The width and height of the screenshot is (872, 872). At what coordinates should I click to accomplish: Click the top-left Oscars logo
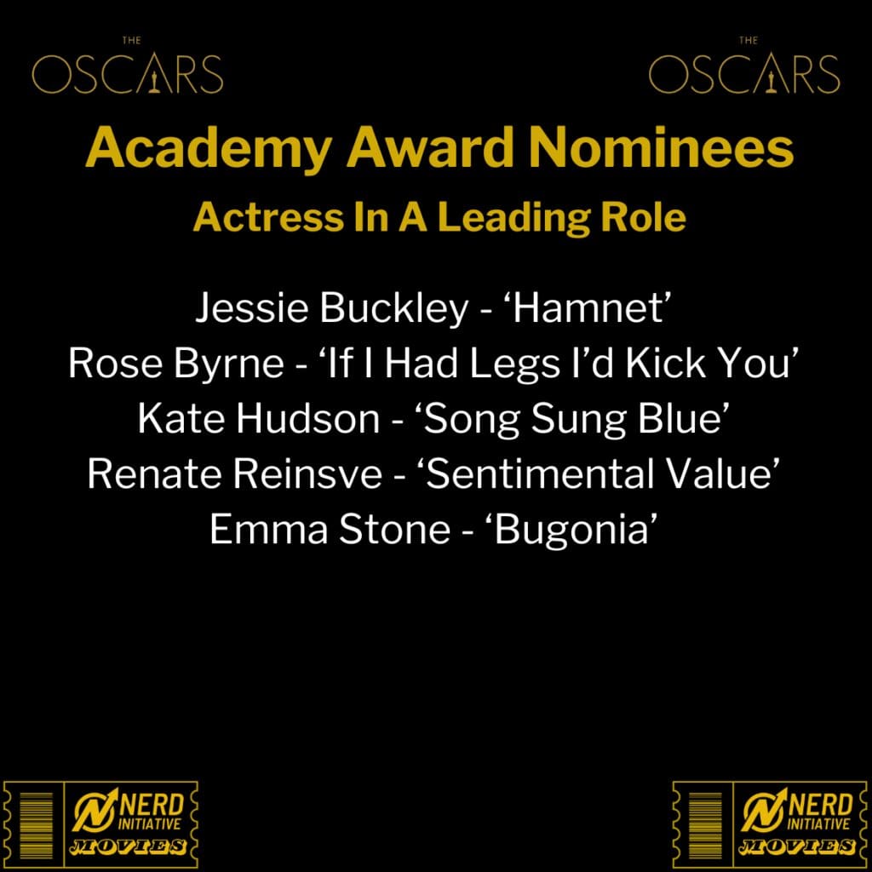128,66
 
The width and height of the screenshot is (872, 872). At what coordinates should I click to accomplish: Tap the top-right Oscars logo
744,66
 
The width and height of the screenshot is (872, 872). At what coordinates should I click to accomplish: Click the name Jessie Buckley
332,308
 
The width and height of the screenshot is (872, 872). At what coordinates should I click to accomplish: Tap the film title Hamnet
589,307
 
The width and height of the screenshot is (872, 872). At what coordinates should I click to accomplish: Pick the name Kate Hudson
259,419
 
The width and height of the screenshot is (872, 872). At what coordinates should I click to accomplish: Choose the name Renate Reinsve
235,474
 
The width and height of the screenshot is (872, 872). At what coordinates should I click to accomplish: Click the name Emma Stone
330,529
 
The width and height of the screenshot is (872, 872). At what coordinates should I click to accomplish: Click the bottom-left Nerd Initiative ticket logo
100,823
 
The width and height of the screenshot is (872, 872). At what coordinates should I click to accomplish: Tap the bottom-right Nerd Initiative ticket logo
770,823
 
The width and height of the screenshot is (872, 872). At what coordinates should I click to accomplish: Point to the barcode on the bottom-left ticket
36,824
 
